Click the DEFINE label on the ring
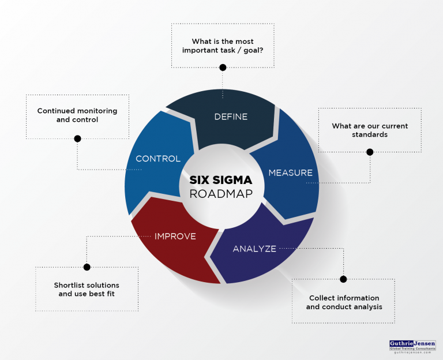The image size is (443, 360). pos(231,117)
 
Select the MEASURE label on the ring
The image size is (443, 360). pos(290,172)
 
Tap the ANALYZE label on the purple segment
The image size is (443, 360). pos(254,249)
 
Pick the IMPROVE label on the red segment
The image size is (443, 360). pos(175,236)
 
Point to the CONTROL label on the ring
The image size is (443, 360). pos(158,159)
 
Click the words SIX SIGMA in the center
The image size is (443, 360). pos(221,179)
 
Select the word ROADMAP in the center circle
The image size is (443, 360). pos(221,194)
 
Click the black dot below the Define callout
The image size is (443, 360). pos(223,67)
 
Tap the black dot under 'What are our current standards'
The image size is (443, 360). pos(370,152)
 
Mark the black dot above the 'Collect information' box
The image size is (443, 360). pos(343,279)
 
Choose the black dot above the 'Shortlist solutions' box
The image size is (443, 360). pos(87,267)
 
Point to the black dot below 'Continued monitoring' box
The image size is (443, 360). pos(77,138)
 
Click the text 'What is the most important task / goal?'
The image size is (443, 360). pos(223,46)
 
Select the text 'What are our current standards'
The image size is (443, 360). pos(370,130)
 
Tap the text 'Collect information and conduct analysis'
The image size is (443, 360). pos(344,302)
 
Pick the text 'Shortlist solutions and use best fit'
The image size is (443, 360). pos(87,290)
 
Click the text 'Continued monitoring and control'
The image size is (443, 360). pos(77,115)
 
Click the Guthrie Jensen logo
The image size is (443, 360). pos(412,344)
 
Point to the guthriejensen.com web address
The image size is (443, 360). pos(412,355)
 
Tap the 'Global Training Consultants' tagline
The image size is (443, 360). pos(412,350)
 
